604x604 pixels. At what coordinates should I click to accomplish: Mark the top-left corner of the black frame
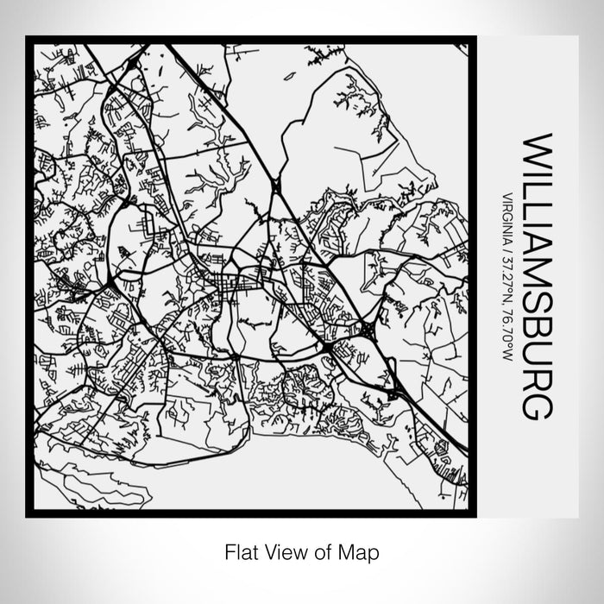(x=29, y=39)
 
